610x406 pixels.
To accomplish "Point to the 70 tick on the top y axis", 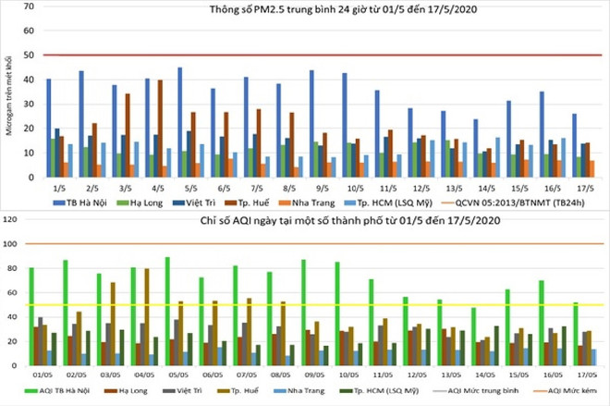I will coord(30,6).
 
